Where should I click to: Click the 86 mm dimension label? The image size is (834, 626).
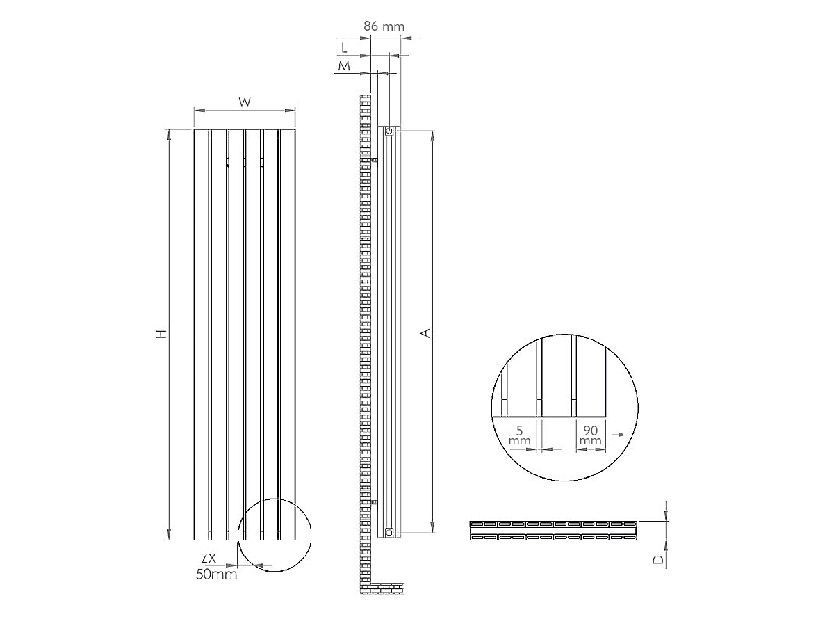384,26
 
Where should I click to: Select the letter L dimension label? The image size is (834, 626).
344,47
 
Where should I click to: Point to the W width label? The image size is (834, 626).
245,102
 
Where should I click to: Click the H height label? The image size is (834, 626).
161,335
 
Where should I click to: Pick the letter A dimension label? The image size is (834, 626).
427,332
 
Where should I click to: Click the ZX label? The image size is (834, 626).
209,558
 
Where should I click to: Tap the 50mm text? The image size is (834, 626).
216,575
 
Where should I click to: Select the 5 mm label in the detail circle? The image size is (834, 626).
519,435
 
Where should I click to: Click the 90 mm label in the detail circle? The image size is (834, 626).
590,435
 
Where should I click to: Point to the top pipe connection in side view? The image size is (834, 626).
389,131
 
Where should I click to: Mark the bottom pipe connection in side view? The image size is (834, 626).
389,533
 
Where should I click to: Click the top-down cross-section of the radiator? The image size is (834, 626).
553,530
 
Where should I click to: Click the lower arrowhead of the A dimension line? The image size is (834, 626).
433,528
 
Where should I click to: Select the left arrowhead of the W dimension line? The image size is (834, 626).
198,110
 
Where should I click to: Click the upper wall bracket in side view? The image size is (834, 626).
375,161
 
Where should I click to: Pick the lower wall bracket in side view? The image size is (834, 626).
375,501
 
